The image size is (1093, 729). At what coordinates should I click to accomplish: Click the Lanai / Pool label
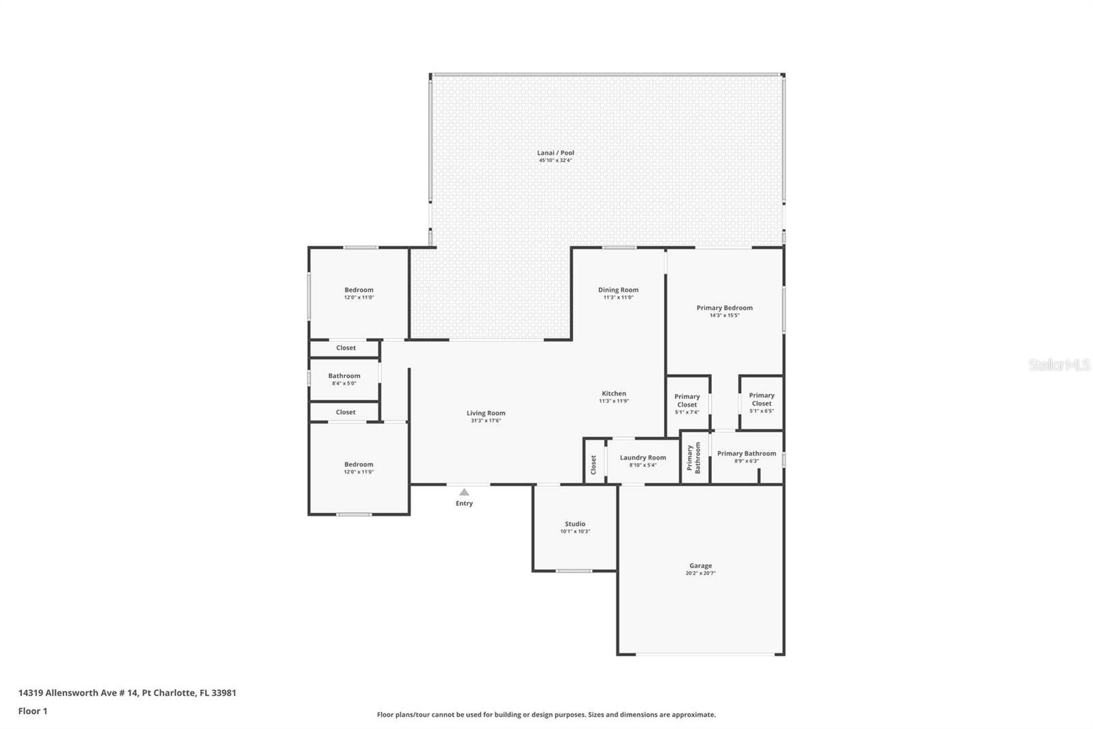pos(555,153)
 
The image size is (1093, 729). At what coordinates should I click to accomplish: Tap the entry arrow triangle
pos(464,492)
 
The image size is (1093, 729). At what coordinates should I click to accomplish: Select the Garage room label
pos(700,566)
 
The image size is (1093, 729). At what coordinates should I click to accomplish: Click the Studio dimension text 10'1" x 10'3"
pos(575,531)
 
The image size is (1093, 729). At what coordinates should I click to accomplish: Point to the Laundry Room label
pos(642,458)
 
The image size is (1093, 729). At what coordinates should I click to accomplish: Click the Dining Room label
pos(618,290)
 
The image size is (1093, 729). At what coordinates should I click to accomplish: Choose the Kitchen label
pos(613,393)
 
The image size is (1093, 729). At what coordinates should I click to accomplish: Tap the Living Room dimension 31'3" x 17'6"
pos(486,421)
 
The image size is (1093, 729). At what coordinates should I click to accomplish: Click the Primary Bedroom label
pos(724,308)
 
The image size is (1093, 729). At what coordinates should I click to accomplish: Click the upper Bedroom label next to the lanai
pos(359,290)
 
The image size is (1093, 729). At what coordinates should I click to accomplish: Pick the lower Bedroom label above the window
pos(359,464)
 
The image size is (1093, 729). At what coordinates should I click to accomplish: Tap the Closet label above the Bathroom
pos(346,348)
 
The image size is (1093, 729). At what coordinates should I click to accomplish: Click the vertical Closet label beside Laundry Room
pos(593,464)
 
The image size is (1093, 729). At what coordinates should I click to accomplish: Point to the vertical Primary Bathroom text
pos(693,458)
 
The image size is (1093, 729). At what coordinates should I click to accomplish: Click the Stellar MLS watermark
pos(1058,365)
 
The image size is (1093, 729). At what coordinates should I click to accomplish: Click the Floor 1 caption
pos(33,711)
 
